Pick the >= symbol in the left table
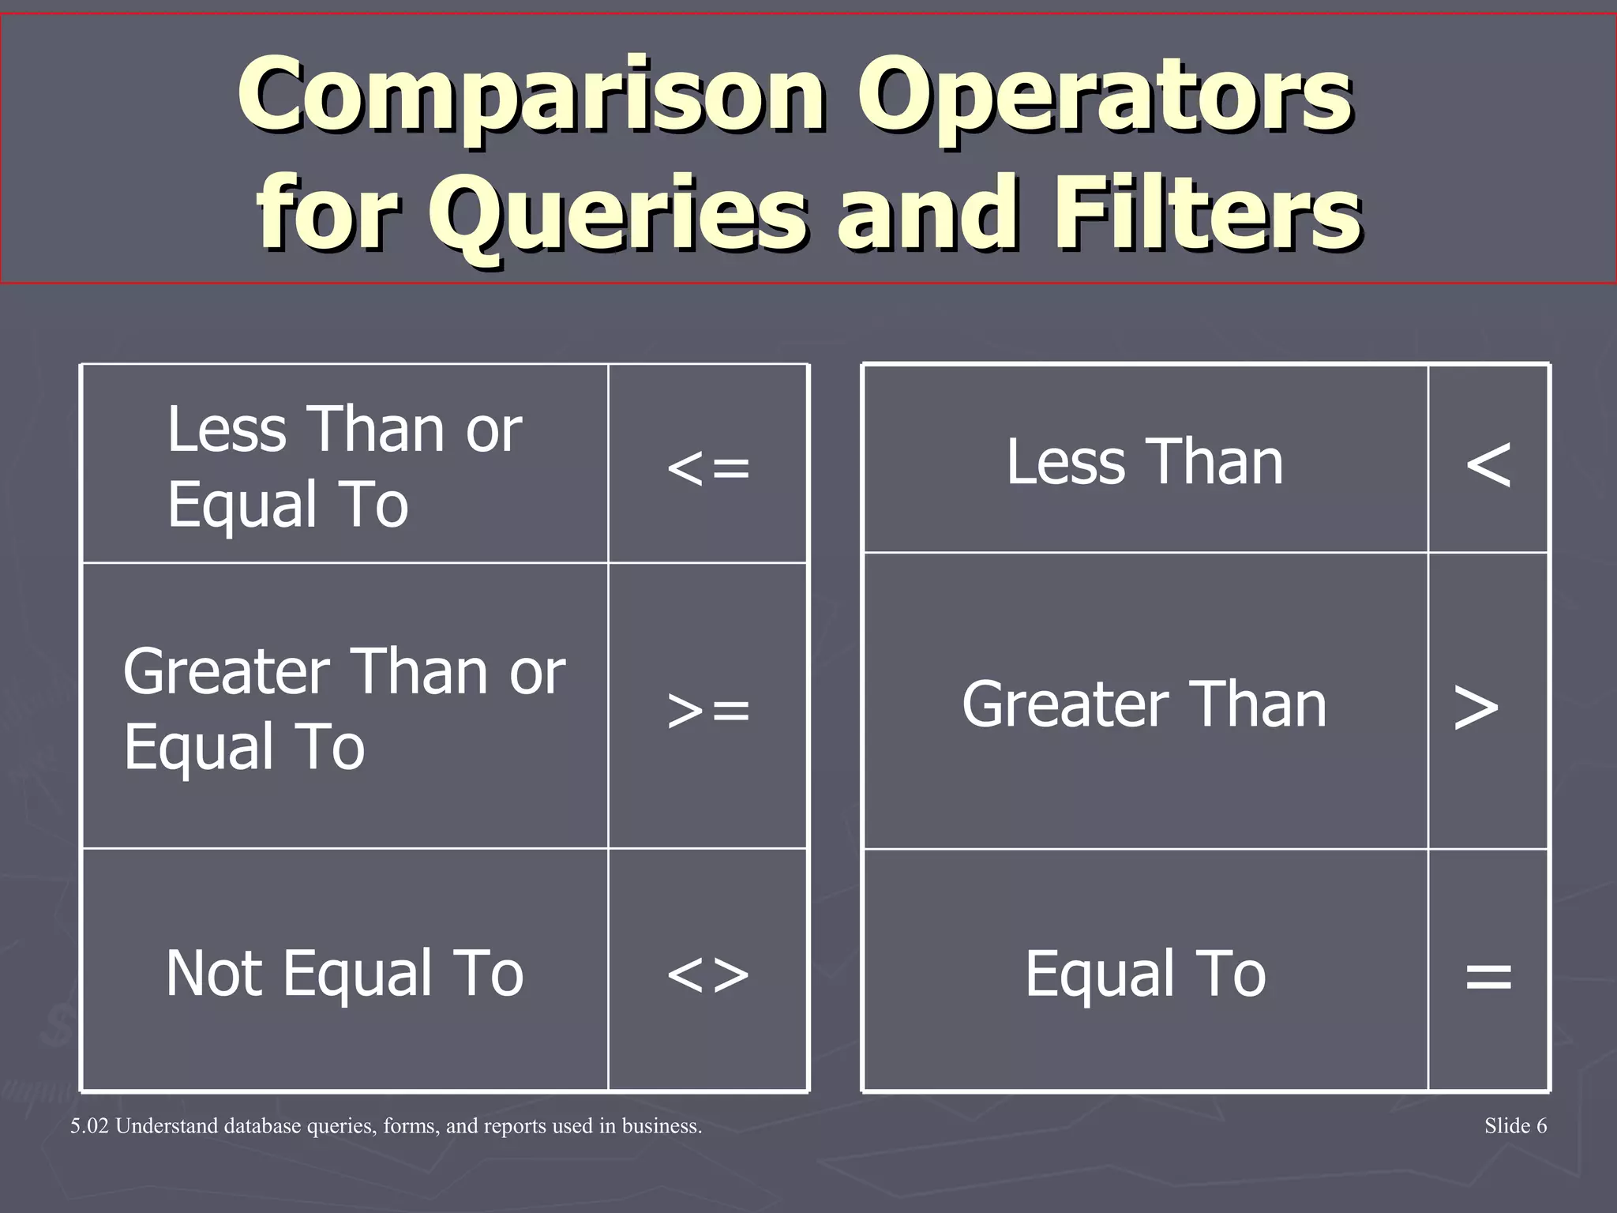708,709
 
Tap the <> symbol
708,975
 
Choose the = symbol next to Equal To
1488,976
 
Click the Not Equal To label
344,973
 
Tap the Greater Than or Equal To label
344,708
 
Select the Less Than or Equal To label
344,466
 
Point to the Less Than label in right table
1144,462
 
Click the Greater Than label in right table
1144,704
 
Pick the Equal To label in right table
1145,974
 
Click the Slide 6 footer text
1515,1126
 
